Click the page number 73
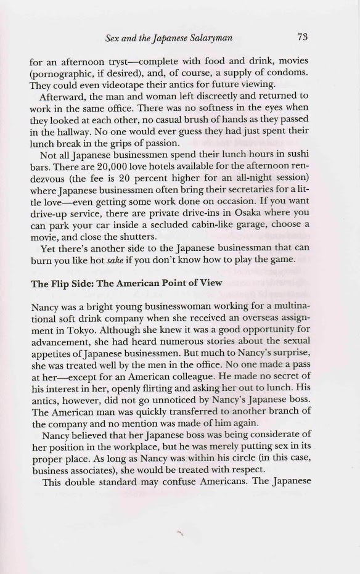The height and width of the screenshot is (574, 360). tap(302, 37)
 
